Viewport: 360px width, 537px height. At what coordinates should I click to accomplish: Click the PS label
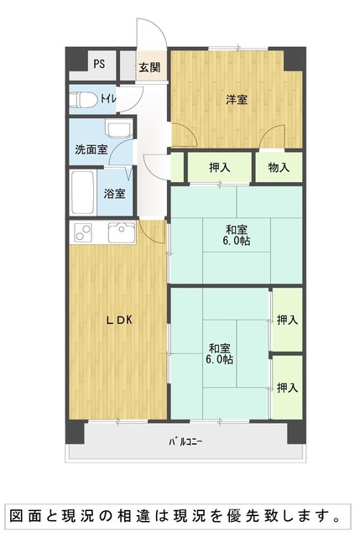click(99, 64)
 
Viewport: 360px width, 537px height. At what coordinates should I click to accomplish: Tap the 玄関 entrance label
click(149, 67)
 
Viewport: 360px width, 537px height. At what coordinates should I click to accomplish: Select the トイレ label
click(108, 99)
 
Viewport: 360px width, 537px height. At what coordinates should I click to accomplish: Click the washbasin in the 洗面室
click(119, 129)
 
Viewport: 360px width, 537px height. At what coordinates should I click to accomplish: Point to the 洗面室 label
click(91, 149)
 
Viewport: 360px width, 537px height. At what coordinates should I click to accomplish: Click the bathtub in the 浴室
click(82, 192)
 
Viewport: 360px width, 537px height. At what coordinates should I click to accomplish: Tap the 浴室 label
click(114, 194)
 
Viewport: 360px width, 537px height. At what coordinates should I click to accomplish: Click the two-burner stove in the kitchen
click(84, 232)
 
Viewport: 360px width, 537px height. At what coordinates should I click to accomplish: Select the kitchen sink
click(122, 232)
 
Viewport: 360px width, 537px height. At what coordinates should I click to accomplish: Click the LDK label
click(118, 321)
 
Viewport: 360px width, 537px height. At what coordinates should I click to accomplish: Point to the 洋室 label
click(237, 100)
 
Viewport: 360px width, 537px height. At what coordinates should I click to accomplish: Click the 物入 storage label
click(279, 168)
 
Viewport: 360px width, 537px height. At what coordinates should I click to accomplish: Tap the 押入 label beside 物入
click(220, 168)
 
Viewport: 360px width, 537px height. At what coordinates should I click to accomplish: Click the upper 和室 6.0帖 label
click(237, 235)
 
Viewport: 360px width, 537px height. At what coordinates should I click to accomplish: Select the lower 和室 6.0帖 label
click(220, 354)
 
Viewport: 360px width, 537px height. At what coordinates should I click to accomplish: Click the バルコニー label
click(185, 442)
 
